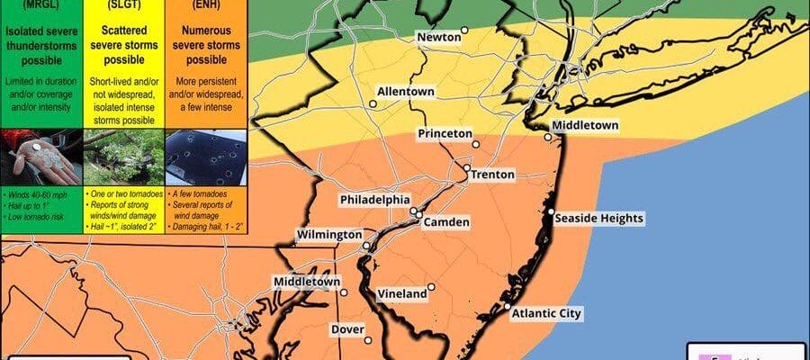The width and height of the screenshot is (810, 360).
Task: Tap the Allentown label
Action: pos(406,92)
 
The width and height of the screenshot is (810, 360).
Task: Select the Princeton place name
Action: pos(445,133)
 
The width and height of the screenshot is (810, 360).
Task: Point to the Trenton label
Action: pos(493,174)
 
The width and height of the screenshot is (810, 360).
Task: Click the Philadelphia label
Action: pos(375,199)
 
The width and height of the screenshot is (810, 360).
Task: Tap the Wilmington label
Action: pos(329,235)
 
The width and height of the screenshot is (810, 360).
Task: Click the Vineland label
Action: pos(401,293)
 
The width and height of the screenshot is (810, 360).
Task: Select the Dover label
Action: pos(347,329)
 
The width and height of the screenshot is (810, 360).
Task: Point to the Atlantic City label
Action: pos(547,314)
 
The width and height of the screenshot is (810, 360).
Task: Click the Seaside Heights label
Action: pos(599,219)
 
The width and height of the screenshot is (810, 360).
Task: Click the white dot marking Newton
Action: pos(465,31)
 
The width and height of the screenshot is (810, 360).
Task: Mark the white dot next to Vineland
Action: pos(432,287)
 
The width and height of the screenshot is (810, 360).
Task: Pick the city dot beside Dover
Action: pos(369,339)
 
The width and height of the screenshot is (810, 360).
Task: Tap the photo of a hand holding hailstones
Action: pos(40,156)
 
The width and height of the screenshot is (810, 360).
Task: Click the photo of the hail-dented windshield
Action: pos(206,156)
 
